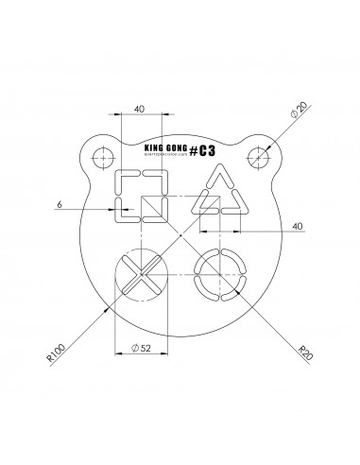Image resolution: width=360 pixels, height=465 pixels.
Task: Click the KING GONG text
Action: click(x=163, y=148)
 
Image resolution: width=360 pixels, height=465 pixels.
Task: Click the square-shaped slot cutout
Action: click(x=139, y=197)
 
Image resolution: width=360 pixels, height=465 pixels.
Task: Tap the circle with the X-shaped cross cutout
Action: click(x=139, y=276)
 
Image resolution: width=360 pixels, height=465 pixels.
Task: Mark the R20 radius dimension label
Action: click(x=304, y=354)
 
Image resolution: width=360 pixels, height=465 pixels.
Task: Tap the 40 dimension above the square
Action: click(x=139, y=111)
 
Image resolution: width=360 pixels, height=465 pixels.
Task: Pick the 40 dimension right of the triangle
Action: click(x=297, y=226)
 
